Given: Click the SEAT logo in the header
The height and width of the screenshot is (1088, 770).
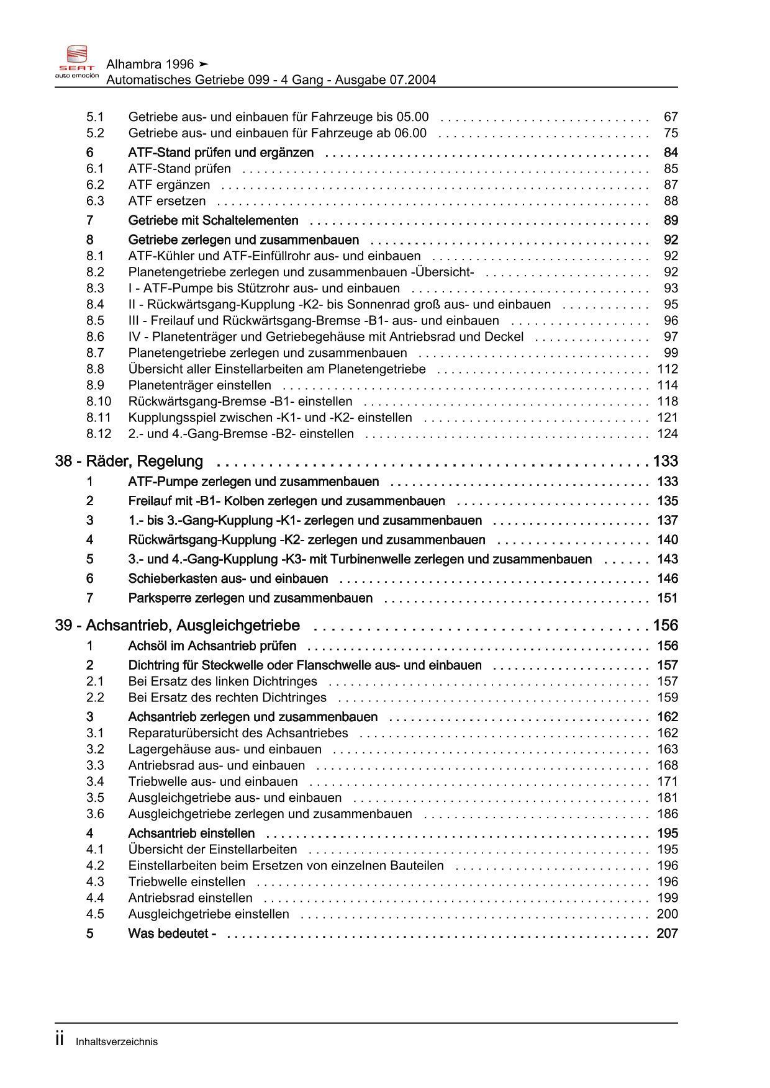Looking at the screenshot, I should (x=76, y=61).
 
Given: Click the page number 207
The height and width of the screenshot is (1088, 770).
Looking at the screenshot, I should (x=667, y=933).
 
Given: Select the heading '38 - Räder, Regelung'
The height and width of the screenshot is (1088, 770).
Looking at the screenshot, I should (x=129, y=462).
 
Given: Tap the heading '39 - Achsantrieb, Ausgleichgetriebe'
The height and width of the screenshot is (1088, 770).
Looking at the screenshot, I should (x=178, y=626).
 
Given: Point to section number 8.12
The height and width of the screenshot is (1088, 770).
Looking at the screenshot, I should (x=98, y=434).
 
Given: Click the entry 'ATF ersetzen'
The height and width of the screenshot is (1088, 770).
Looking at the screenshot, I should (x=167, y=201).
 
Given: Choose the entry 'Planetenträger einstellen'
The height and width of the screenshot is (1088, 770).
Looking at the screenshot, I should (x=199, y=385).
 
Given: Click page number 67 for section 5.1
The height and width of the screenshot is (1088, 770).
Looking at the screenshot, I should (x=671, y=117).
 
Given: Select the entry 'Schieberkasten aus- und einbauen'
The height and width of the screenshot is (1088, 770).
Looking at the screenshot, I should (x=228, y=579).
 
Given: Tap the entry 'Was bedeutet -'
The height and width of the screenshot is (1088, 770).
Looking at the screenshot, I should (x=172, y=933).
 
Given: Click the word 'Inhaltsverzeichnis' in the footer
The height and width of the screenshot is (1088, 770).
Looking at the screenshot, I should (x=117, y=1042).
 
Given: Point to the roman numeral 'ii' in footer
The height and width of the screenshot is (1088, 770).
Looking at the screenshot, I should (x=60, y=1040).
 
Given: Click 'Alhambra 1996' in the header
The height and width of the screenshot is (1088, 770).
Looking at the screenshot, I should (x=150, y=65).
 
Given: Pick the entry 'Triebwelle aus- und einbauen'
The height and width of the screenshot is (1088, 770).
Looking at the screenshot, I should (x=213, y=782).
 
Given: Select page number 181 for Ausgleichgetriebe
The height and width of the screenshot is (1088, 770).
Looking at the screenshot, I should (x=668, y=798).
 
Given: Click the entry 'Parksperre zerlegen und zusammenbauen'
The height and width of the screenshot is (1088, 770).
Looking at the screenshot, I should (x=250, y=598).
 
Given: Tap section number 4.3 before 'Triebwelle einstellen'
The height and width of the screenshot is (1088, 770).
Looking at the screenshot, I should (x=95, y=882).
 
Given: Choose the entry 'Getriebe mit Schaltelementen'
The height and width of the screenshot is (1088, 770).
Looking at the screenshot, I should (x=213, y=221).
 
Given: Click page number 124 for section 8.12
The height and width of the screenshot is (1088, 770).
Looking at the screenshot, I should (x=668, y=434).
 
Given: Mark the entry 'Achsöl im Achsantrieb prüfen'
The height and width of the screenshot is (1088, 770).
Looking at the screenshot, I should (x=212, y=646).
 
